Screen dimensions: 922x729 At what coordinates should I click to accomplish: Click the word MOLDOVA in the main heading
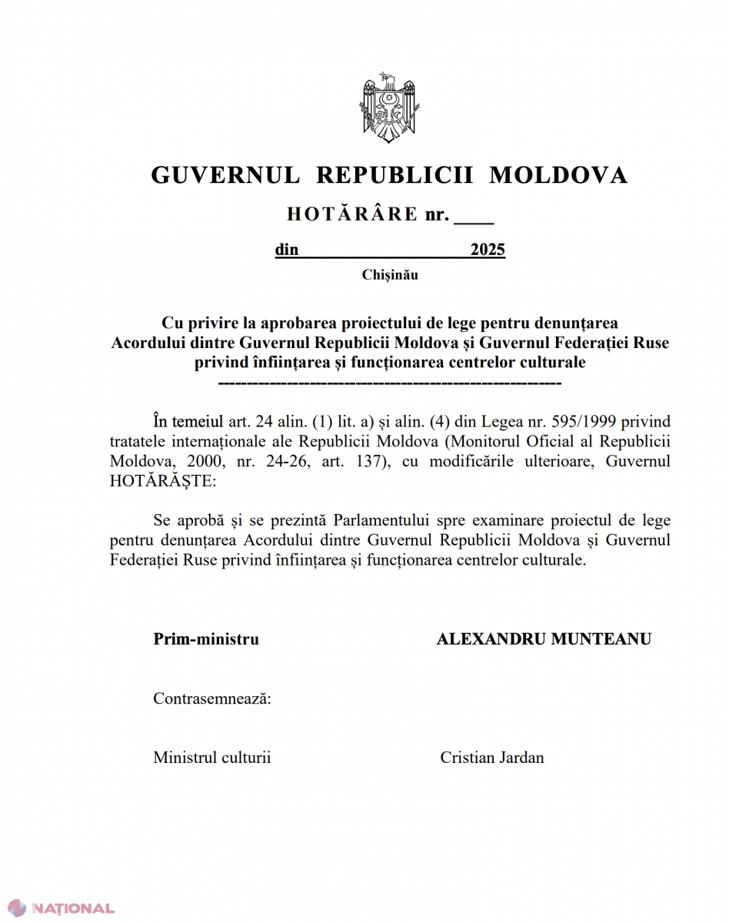(558, 175)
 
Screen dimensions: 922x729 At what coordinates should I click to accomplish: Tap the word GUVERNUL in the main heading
(225, 175)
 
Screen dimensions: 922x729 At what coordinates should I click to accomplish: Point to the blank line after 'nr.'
(474, 217)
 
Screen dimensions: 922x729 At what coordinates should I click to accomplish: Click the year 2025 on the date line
(488, 250)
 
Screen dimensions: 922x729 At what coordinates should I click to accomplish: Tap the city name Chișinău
(390, 274)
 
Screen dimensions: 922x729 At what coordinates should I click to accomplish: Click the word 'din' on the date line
(287, 250)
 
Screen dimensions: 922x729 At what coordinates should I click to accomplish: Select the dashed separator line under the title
(390, 382)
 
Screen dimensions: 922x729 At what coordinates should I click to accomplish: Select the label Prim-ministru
(206, 638)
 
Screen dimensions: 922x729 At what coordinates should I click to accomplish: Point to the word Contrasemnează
(211, 698)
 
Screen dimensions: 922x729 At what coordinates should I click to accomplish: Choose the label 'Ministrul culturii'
(212, 758)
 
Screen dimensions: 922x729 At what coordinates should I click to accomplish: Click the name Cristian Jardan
(491, 758)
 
